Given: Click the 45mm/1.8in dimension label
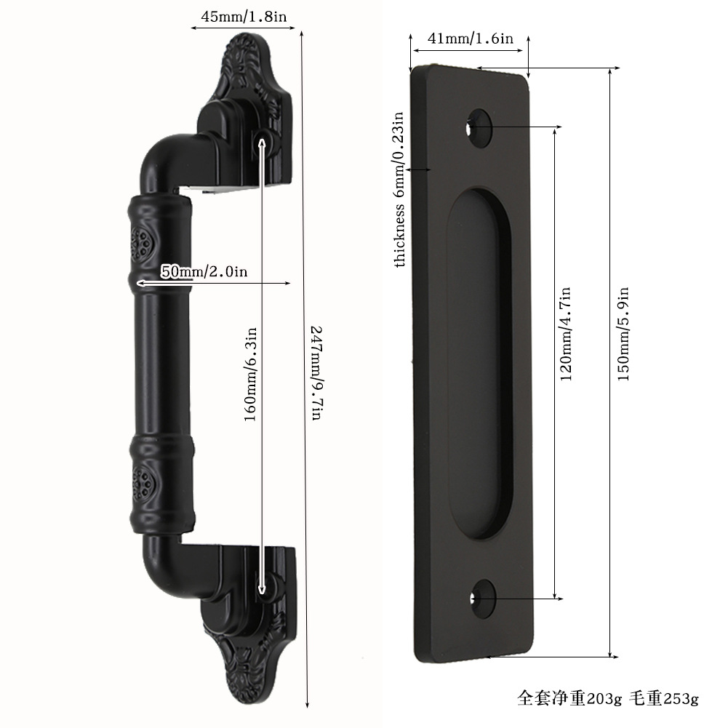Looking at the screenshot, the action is (x=244, y=17).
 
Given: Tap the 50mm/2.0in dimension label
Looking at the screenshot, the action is (x=204, y=271).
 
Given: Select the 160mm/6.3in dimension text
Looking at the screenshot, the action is (x=250, y=375).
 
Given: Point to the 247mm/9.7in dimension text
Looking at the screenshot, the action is (x=316, y=373).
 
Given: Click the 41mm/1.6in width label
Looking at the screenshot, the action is (x=470, y=38).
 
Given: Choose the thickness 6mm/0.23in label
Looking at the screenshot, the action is (x=399, y=189).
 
